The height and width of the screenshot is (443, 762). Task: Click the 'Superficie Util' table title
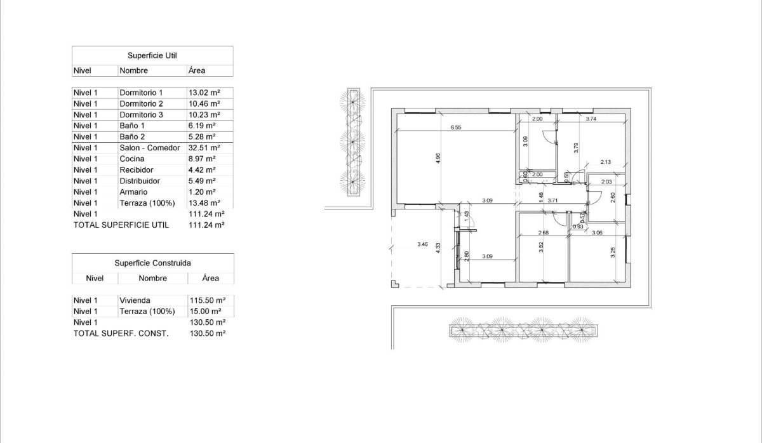pos(152,55)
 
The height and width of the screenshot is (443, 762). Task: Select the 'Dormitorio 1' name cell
pos(141,93)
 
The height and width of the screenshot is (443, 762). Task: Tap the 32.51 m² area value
pos(204,148)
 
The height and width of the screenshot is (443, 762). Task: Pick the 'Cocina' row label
pos(131,159)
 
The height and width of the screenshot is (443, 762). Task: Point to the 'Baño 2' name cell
pos(132,136)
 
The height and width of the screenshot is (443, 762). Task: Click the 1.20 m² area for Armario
pos(203,192)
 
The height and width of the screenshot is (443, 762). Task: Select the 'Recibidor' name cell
pos(136,170)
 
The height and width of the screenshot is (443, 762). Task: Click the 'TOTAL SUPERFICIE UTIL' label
pos(121,225)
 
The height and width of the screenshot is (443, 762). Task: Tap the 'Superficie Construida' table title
pos(152,262)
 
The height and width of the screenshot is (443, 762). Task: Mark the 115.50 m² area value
pos(208,300)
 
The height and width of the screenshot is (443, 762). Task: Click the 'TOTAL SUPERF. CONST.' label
pos(121,333)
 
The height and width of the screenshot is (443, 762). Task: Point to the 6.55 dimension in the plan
pos(455,128)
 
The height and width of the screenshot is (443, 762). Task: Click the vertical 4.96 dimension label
pos(438,159)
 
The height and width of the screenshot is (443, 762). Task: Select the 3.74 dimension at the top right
pos(591,119)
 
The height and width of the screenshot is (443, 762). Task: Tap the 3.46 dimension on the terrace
pos(422,244)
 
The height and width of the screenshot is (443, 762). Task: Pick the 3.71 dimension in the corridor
pos(552,201)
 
